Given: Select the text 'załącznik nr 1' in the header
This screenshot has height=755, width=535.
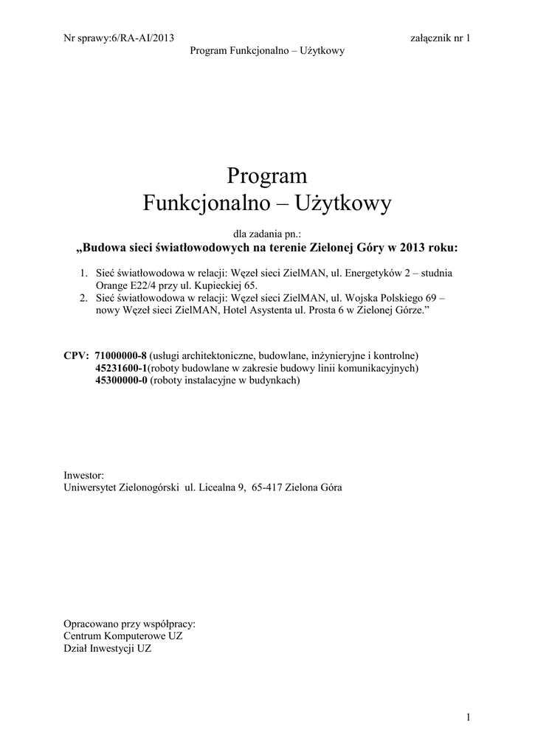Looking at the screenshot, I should point(440,38).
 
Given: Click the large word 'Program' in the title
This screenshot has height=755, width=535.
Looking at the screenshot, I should point(266,176).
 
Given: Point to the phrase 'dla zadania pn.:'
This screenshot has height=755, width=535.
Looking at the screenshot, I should point(267,233).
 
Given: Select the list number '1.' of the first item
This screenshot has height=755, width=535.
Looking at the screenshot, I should point(84,274).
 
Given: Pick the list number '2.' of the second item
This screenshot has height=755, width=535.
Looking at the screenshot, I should point(84,299).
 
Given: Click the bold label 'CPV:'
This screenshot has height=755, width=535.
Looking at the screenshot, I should point(77,355).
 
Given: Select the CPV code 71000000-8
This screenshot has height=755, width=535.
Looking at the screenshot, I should point(121,355).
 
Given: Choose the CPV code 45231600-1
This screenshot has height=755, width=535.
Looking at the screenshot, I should point(122,367).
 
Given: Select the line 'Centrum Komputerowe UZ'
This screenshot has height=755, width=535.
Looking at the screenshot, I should point(123,636).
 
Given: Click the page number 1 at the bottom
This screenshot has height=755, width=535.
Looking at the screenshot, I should point(468,717).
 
